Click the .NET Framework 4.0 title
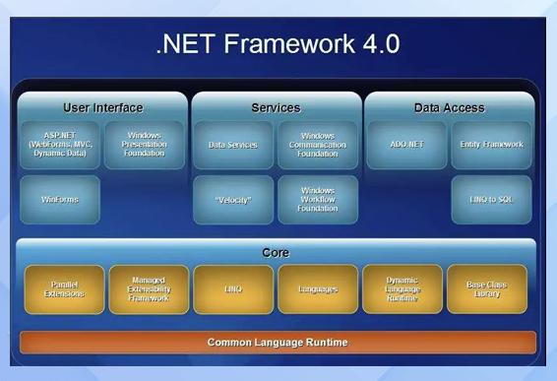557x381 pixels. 278,44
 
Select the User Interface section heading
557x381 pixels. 102,107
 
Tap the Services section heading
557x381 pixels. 276,107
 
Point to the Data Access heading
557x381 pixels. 450,107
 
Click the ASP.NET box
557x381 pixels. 60,145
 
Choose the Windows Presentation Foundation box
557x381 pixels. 145,145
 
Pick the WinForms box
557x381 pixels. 60,200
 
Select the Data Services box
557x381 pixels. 233,145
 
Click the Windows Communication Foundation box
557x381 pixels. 318,145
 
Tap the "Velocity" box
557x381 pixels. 233,200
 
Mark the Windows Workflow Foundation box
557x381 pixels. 318,200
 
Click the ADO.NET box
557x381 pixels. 406,145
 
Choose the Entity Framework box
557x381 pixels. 491,145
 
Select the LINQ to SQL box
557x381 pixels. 491,200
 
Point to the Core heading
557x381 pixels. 276,253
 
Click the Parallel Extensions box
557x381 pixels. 64,289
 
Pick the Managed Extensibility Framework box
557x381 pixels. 149,289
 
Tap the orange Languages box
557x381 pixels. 318,289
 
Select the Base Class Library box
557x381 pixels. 487,289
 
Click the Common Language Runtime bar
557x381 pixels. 278,343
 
